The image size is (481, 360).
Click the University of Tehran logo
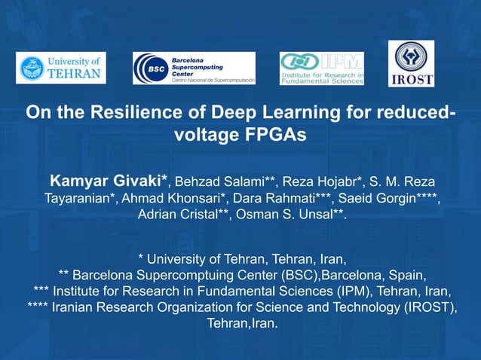[63, 69]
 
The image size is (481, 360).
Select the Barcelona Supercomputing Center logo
[194, 68]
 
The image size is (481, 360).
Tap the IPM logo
[321, 69]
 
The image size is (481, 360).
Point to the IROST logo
[411, 63]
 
